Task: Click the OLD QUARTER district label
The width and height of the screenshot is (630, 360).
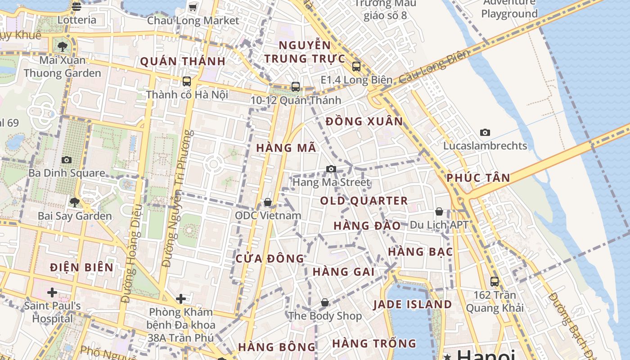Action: [364, 201]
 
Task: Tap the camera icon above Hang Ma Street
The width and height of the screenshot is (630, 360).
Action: [331, 169]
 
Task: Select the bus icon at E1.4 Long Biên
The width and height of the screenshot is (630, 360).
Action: [356, 67]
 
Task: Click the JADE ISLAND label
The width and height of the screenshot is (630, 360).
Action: [413, 304]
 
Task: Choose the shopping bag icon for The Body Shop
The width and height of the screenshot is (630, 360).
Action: [325, 302]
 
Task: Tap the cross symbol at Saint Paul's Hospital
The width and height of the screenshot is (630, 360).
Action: [52, 292]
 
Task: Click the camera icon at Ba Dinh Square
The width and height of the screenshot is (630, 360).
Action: [67, 160]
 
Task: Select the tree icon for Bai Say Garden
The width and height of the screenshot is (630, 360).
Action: [75, 202]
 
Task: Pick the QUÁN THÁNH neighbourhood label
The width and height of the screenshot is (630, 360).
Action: [182, 62]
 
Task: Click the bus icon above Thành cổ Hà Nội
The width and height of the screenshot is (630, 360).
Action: [186, 81]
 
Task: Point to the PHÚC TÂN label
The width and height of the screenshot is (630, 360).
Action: [478, 178]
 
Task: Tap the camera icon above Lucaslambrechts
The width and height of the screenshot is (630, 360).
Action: [485, 132]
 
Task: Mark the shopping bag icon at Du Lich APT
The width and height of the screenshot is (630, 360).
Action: [439, 211]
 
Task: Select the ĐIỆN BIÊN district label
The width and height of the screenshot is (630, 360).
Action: [81, 267]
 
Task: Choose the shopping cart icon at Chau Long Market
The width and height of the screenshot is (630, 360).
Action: [193, 7]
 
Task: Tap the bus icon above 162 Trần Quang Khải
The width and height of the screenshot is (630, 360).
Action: [495, 282]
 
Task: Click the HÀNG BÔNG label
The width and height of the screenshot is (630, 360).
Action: [277, 347]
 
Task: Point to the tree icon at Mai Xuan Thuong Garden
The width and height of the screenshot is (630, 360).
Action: [63, 46]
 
